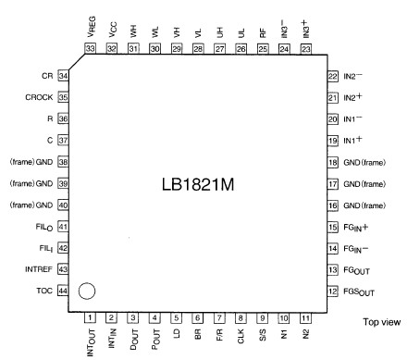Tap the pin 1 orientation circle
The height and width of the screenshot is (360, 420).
87,292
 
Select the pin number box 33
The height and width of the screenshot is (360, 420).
90,48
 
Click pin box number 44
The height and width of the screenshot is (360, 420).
64,291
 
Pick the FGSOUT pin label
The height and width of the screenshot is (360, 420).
361,292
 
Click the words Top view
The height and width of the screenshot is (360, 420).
381,322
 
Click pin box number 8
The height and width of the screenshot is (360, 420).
240,318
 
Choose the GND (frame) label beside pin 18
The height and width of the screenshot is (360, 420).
367,162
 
